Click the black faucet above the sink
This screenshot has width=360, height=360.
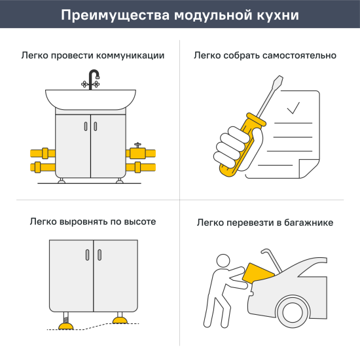[x=90, y=79]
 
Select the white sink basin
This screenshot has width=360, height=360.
[x=90, y=100]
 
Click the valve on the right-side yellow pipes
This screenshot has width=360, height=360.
[x=137, y=151]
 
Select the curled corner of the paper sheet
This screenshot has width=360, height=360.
[x=307, y=170]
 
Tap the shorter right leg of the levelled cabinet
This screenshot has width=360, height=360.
[x=120, y=321]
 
